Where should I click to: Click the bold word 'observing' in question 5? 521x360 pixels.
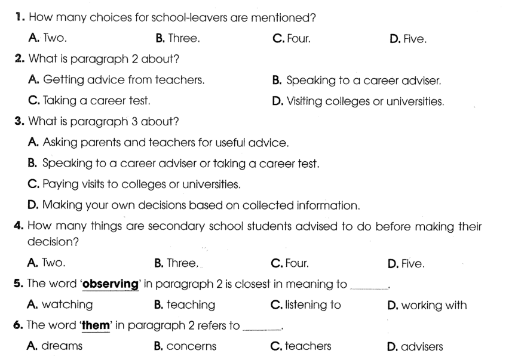[x=110, y=284]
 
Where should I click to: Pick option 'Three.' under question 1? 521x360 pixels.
[x=177, y=39]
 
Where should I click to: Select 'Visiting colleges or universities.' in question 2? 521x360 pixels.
[x=358, y=101]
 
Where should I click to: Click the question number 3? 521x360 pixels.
[x=18, y=122]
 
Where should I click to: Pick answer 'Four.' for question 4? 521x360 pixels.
[x=290, y=263]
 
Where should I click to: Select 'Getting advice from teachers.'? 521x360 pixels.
[x=116, y=79]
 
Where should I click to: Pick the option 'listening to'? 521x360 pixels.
[x=306, y=304]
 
